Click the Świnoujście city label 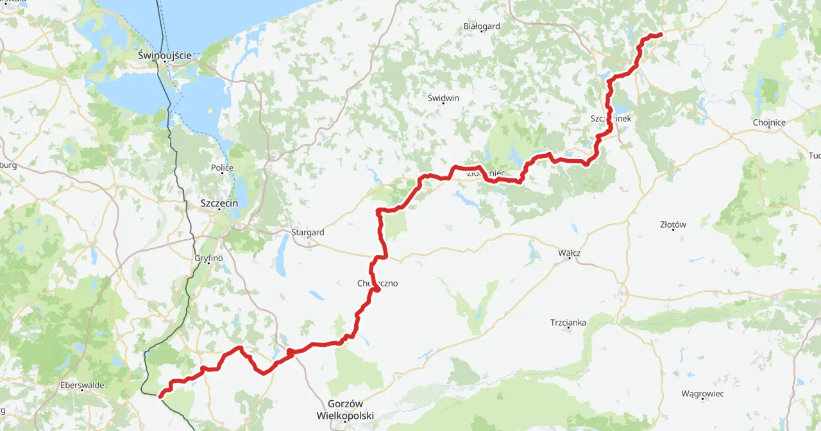click(x=165, y=55)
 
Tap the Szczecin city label click(x=219, y=203)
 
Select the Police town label click(x=223, y=168)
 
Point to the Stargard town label click(x=307, y=232)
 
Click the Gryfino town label click(x=208, y=258)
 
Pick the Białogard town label click(x=481, y=26)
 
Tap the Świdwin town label click(x=443, y=97)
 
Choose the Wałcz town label click(x=569, y=253)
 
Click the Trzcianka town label click(x=568, y=323)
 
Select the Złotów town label click(x=673, y=224)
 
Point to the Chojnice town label click(x=770, y=123)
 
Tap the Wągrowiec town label click(x=703, y=393)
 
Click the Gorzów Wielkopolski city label click(x=345, y=409)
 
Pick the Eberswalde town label click(x=82, y=385)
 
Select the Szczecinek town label click(x=611, y=119)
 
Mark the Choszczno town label click(x=378, y=283)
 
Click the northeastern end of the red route click(x=660, y=35)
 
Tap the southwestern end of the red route click(x=160, y=396)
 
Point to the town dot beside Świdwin click(x=443, y=104)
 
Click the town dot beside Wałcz click(x=569, y=258)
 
